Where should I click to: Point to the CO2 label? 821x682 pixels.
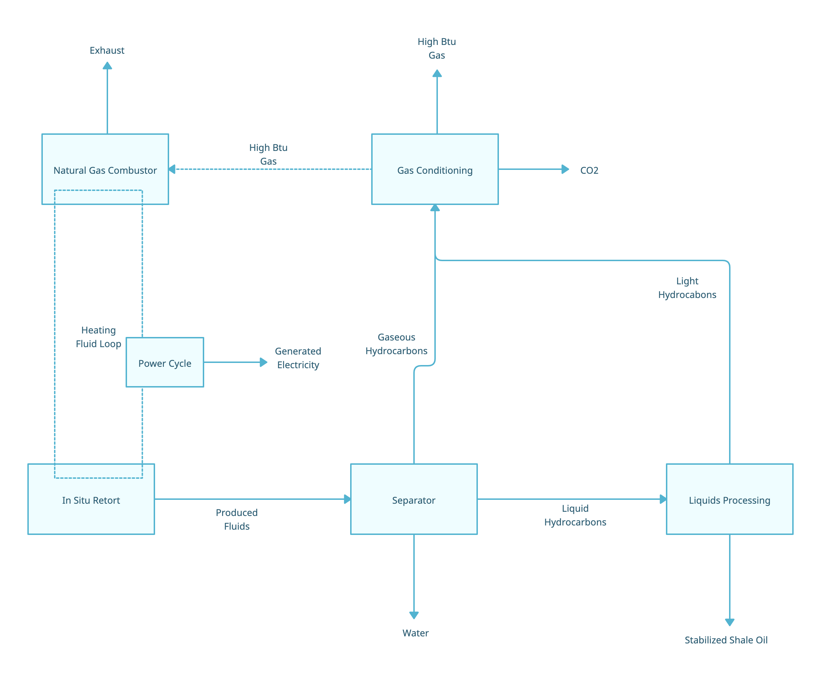589,170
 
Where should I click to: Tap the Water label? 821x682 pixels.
415,633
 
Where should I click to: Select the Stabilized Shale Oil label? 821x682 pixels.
726,640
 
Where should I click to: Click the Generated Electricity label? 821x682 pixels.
298,358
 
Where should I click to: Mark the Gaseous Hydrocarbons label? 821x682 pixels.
396,344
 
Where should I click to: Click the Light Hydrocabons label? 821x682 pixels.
687,288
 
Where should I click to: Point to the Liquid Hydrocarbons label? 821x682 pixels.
575,515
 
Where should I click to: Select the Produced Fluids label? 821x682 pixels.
237,519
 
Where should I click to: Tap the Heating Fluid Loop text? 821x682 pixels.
99,337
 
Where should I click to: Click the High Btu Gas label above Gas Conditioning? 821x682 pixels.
437,48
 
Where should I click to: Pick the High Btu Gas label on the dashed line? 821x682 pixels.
268,154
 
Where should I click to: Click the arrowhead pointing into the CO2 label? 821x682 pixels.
565,169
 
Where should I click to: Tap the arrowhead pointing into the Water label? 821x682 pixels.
414,615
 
